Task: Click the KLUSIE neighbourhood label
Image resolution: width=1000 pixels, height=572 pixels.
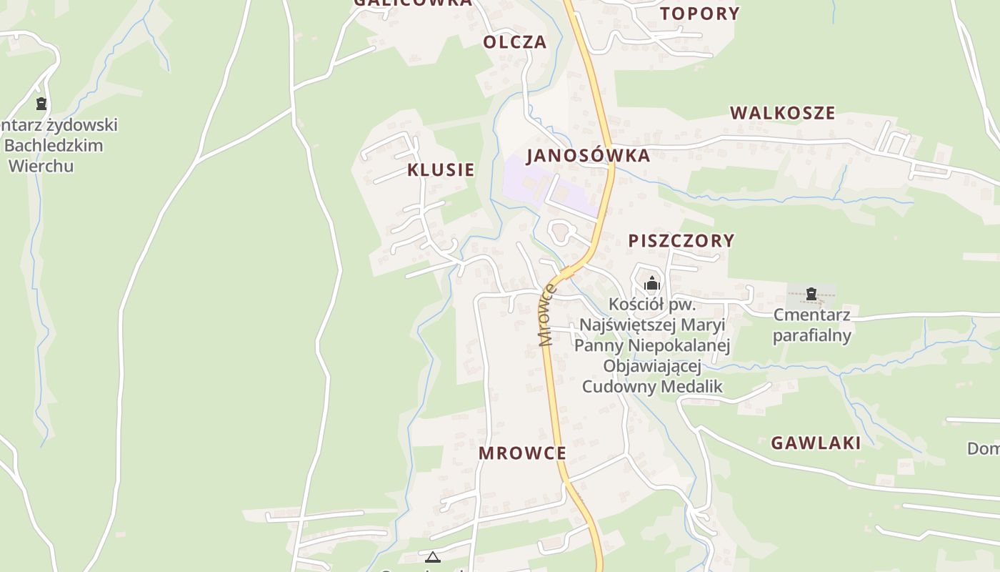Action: pos(441,169)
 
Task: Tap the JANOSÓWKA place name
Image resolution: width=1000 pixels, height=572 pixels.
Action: pos(588,155)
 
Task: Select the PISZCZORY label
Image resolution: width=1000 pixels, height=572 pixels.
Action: pos(681,240)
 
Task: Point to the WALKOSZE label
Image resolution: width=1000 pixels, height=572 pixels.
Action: pos(782,113)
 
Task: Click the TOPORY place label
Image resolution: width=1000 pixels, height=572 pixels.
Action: pos(699,14)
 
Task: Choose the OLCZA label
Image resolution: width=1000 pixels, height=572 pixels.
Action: pos(514,42)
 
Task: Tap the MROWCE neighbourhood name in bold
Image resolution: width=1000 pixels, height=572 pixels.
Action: pos(522,453)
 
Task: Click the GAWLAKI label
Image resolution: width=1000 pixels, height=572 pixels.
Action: pos(816,443)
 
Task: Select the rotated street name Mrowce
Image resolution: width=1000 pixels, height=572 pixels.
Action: pos(547,315)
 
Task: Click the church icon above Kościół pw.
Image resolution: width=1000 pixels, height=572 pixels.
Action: pos(651,284)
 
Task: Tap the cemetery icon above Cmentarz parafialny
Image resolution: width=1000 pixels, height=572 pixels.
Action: pos(811,293)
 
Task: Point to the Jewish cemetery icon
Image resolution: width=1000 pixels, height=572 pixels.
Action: pos(41,104)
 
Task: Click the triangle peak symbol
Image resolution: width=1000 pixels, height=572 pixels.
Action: pos(432,557)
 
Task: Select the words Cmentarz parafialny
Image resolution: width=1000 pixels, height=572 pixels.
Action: pos(812,325)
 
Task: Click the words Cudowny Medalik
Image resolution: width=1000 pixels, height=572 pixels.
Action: pos(652,387)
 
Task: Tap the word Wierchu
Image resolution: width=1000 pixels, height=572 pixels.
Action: pos(41,166)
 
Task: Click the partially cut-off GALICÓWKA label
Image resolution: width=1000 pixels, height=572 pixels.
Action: pos(413,3)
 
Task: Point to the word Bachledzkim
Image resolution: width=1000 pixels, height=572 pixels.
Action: pos(54,145)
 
